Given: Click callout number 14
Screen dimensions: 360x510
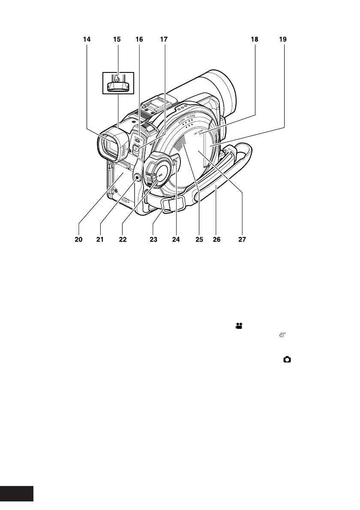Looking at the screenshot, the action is coord(87,39).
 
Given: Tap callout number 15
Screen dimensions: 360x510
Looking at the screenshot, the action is coord(117,39).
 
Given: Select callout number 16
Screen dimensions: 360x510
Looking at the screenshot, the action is coord(140,39).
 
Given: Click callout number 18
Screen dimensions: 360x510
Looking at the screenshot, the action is coord(255,39).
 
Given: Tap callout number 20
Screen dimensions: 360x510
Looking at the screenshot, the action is coord(77,240).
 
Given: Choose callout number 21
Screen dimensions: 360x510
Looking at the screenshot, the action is coord(100,240).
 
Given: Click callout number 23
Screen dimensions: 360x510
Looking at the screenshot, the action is coord(153,240).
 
